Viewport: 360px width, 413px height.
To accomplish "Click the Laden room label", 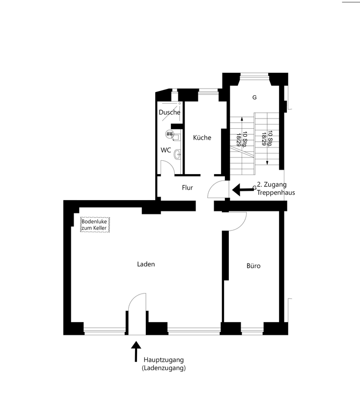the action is (146, 264).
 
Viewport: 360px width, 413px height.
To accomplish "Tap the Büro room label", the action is (253, 266).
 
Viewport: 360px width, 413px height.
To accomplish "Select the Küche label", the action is (202, 138).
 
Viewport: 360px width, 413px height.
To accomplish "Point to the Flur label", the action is (188, 187).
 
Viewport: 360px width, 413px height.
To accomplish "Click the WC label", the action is (166, 150).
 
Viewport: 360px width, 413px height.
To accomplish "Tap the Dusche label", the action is (169, 112).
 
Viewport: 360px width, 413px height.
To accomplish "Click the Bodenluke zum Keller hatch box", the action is (95, 225).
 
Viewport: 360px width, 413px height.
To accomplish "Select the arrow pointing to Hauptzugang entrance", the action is (136, 352).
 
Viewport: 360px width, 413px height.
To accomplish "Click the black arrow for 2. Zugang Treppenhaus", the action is (243, 190).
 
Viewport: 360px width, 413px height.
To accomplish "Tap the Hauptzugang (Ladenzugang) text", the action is (164, 364).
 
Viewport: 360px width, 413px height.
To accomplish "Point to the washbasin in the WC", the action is (177, 154).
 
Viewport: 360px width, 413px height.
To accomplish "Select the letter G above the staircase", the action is (254, 97).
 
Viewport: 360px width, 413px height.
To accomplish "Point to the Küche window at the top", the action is (208, 91).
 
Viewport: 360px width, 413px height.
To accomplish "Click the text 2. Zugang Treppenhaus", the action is (276, 189).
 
